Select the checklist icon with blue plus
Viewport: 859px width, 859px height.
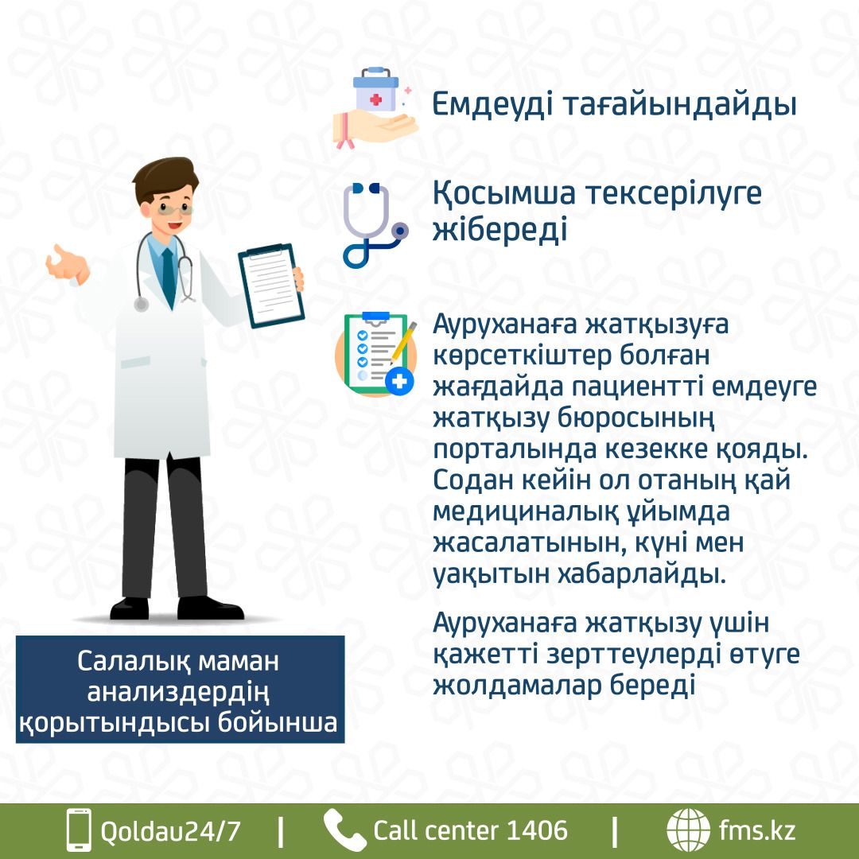(x=375, y=354)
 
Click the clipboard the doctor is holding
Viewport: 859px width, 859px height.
(x=270, y=286)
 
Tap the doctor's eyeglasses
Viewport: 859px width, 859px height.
(x=174, y=208)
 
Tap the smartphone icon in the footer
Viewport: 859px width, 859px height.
(x=79, y=830)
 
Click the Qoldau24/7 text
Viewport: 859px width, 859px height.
(x=170, y=831)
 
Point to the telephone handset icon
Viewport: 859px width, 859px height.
(x=344, y=830)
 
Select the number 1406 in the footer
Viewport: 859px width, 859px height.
(x=537, y=830)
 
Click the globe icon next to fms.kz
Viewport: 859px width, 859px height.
(x=688, y=830)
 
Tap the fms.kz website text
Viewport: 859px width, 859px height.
(x=756, y=830)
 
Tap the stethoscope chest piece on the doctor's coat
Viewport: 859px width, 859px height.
(x=142, y=304)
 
